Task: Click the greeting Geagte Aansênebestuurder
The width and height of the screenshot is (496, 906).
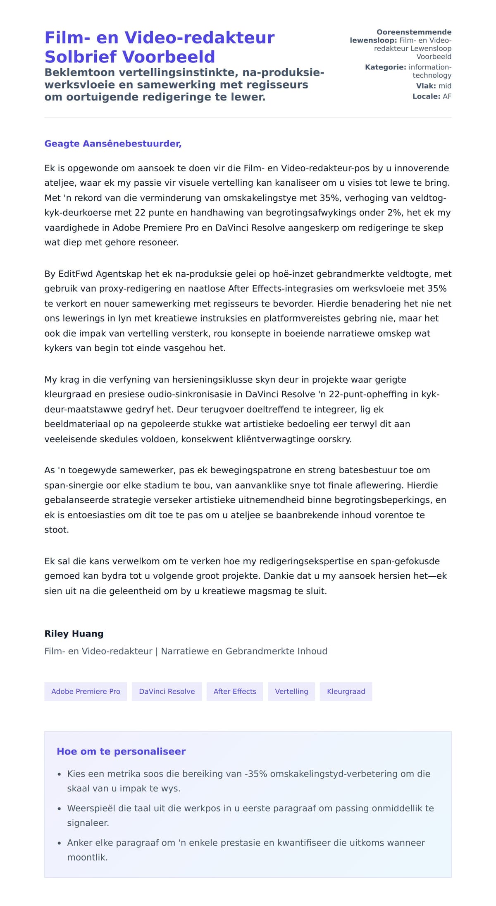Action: point(113,144)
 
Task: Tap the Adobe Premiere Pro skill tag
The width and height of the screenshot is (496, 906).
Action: point(86,691)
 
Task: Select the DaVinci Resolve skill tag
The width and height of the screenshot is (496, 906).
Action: point(167,691)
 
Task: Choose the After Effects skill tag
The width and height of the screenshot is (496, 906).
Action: point(235,691)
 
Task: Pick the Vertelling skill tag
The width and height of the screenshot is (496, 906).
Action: point(291,691)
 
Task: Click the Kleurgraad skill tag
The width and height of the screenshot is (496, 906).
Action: point(346,691)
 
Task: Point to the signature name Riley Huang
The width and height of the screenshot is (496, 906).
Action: point(74,633)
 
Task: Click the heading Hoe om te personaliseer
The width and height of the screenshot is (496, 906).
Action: point(121,751)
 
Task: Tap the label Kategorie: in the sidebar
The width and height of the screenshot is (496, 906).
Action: point(386,67)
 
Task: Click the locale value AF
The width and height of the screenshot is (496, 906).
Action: point(447,96)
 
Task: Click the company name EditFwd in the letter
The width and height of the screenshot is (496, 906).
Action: point(76,274)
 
